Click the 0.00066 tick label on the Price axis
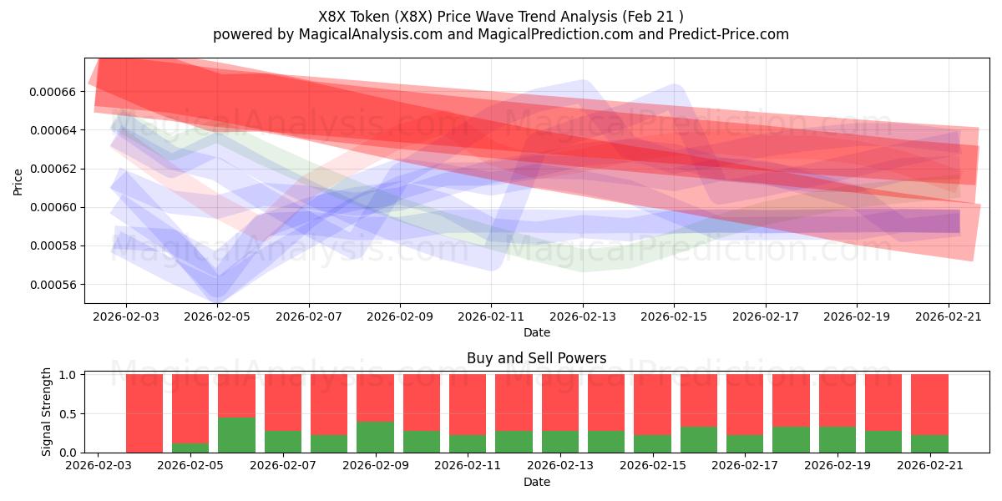pyautogui.click(x=53, y=92)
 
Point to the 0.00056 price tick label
pyautogui.click(x=53, y=285)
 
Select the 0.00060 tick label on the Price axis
pyautogui.click(x=53, y=208)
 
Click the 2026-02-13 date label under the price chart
pyautogui.click(x=583, y=316)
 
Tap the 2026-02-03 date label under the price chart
pyautogui.click(x=126, y=316)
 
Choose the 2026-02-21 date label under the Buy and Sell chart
pyautogui.click(x=930, y=465)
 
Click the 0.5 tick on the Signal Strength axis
pyautogui.click(x=68, y=414)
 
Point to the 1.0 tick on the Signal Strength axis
pyautogui.click(x=68, y=375)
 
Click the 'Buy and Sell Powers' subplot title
pyautogui.click(x=536, y=358)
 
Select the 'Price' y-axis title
pyautogui.click(x=18, y=182)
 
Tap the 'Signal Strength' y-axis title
pyautogui.click(x=46, y=412)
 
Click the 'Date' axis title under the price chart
pyautogui.click(x=537, y=332)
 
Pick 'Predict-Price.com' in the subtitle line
pyautogui.click(x=729, y=34)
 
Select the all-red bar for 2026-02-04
pyautogui.click(x=144, y=413)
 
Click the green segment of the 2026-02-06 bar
pyautogui.click(x=236, y=435)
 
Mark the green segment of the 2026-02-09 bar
pyautogui.click(x=375, y=437)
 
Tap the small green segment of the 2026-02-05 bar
pyautogui.click(x=190, y=448)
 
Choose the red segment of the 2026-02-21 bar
pyautogui.click(x=929, y=405)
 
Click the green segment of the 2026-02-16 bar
pyautogui.click(x=699, y=440)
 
